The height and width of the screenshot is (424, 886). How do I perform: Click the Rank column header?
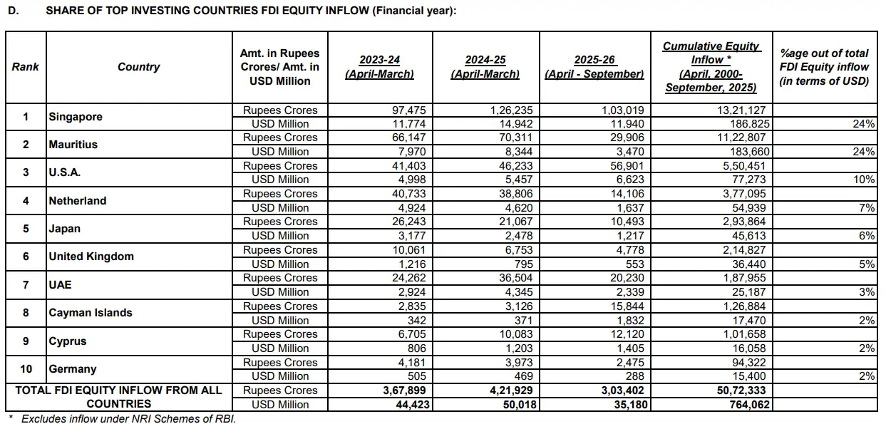(x=26, y=67)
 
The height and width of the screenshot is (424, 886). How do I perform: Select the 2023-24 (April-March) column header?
(x=379, y=67)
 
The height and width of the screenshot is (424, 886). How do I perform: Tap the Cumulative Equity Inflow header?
(x=711, y=67)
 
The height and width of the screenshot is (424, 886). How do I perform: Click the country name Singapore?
(x=76, y=117)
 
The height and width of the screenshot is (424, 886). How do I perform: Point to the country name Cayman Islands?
(x=91, y=313)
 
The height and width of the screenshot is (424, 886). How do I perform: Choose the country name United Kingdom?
(x=91, y=257)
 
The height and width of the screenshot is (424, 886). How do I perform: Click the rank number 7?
(x=26, y=285)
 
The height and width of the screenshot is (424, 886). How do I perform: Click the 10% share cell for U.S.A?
(x=864, y=180)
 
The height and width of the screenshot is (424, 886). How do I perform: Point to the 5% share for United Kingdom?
(x=867, y=264)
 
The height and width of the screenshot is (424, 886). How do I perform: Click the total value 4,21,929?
(x=510, y=391)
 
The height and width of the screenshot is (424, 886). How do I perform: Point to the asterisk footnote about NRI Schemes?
(x=121, y=418)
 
